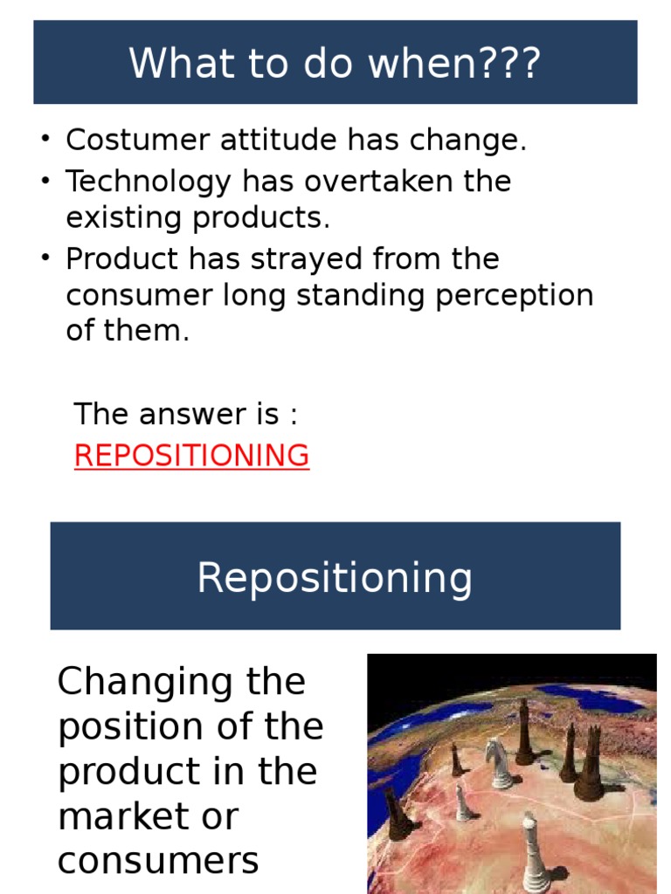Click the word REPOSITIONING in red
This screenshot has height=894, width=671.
click(x=191, y=456)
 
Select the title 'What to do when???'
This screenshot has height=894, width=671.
click(x=335, y=63)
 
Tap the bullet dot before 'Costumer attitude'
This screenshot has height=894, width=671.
click(x=44, y=140)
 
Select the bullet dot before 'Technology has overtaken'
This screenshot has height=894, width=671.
click(x=44, y=182)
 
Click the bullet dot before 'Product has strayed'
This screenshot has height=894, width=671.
click(x=44, y=259)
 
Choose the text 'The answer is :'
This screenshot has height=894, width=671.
click(x=185, y=414)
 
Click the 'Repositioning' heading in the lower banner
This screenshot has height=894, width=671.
click(x=335, y=577)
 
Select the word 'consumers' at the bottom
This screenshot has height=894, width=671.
click(x=158, y=862)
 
